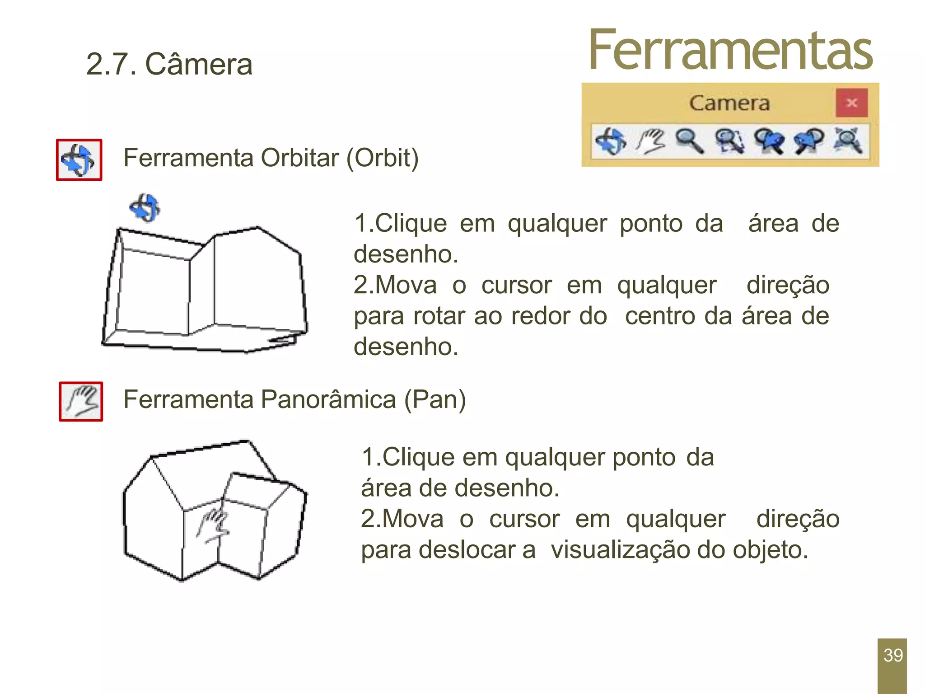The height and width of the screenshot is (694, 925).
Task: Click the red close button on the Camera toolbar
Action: point(851,103)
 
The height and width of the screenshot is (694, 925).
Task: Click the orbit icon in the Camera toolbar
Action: point(611,141)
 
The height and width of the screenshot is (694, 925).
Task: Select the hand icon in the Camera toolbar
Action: point(650,141)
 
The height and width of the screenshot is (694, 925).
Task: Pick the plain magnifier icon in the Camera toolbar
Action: point(689,141)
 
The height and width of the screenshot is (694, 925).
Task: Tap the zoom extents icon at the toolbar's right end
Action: point(848,141)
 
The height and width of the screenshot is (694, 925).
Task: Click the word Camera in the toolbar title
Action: point(729,103)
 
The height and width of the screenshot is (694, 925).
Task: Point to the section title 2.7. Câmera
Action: point(169,64)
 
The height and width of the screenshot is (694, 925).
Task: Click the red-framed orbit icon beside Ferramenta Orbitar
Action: point(79,160)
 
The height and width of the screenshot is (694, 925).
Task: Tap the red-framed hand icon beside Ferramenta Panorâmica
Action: point(81,401)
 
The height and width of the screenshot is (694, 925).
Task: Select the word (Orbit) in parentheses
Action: point(383,158)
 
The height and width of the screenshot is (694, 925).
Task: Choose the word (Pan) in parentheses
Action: point(435,399)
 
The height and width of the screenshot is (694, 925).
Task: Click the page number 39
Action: point(893,655)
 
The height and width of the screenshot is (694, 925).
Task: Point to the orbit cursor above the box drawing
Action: point(145,208)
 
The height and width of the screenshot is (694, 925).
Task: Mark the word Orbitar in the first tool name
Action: point(299,158)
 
